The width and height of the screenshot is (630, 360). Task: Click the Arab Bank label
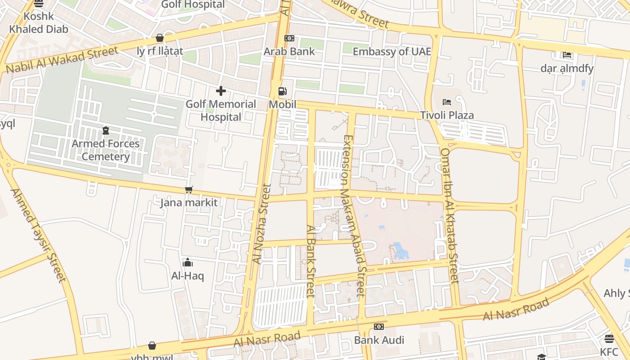pos(289,51)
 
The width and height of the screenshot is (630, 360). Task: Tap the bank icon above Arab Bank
pos(289,39)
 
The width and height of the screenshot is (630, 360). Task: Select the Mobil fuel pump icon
pos(282,91)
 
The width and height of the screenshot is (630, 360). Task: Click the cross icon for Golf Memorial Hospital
pos(221,91)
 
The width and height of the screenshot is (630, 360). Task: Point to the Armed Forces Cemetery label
pos(106,150)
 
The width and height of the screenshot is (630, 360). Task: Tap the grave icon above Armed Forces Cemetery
pos(106,130)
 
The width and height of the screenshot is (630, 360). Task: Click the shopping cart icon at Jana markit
pos(189,190)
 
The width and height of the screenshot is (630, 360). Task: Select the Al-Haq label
pos(188,275)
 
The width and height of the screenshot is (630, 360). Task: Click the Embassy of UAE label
pos(391,51)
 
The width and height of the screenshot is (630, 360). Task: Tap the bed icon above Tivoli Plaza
pos(447,102)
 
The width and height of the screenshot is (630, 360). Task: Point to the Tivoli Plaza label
pos(447,115)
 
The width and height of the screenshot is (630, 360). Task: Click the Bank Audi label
pos(379,340)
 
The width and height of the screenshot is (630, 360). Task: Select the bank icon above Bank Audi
pos(379,327)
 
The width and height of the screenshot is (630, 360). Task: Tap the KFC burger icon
pos(609,338)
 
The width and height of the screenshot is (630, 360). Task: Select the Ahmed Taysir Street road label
pos(39,235)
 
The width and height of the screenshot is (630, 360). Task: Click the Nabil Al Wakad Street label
pos(62,60)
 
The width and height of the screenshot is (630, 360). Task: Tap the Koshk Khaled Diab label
pos(39,22)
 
